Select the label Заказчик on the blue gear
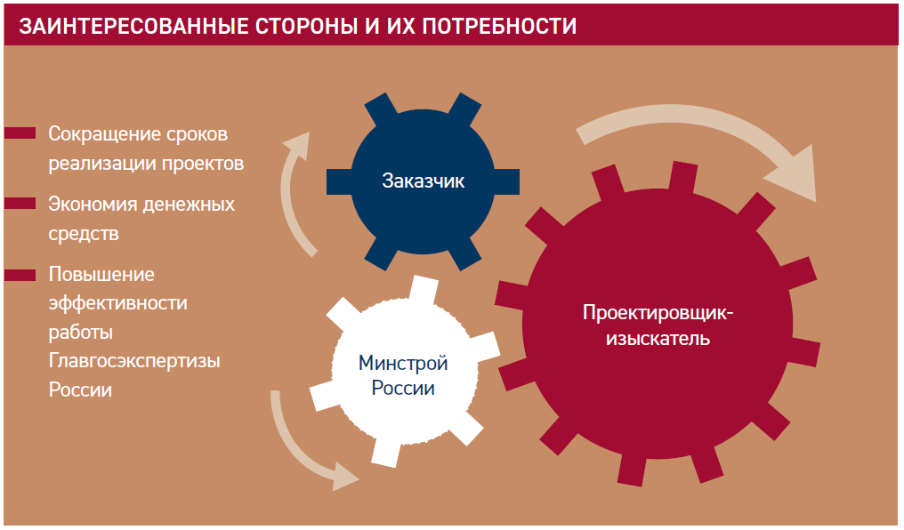point(424,181)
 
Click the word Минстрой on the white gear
point(402,363)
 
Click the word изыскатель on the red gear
point(658,338)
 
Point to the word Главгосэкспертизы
point(134,362)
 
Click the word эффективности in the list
point(117,302)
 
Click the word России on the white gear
point(402,389)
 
